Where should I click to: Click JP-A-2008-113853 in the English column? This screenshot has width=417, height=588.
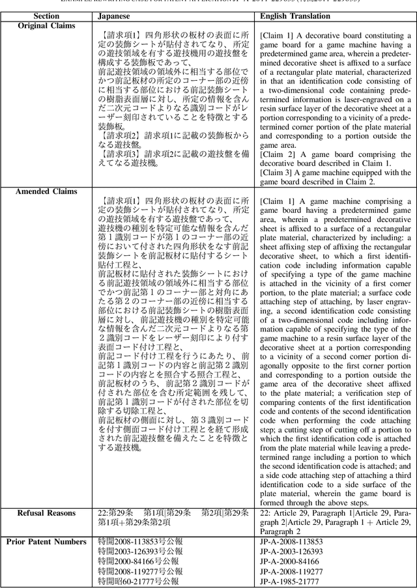[x=291, y=541]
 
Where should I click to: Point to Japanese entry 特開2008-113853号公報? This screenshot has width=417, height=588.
[x=140, y=541]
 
